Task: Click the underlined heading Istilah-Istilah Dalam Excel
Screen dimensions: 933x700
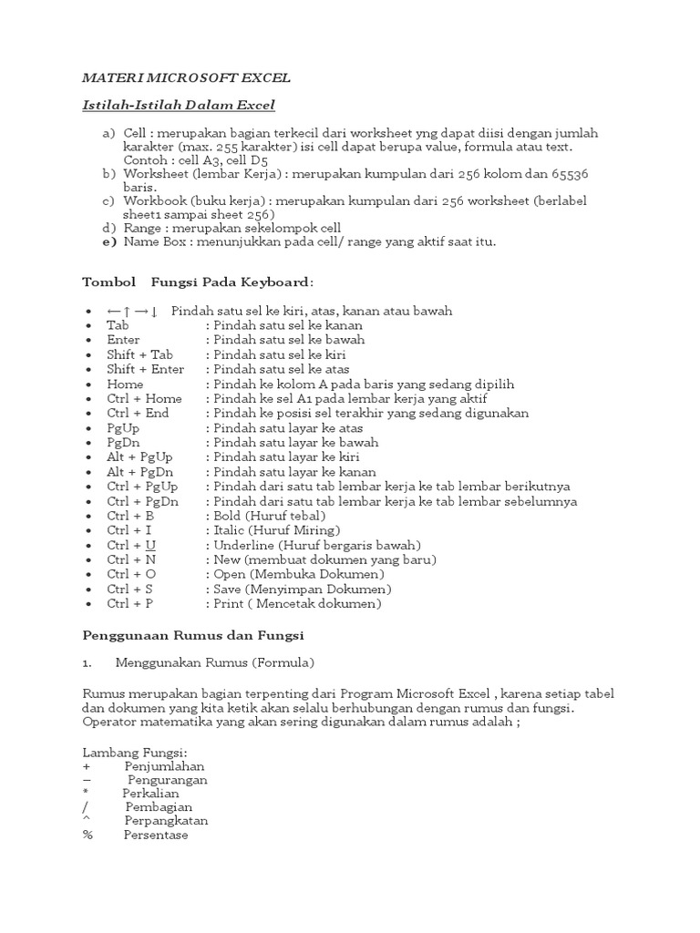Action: click(179, 106)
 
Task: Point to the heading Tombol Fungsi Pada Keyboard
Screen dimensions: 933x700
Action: click(199, 282)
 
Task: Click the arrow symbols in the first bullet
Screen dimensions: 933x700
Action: click(133, 312)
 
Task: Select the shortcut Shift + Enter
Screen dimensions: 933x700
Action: click(145, 369)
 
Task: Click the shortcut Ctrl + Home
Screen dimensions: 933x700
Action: click(144, 398)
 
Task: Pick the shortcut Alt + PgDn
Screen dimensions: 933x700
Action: click(139, 472)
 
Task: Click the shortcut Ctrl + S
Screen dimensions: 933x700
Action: click(129, 589)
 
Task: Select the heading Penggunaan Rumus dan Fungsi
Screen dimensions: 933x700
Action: click(192, 633)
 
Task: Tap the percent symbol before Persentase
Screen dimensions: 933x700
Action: click(87, 835)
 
